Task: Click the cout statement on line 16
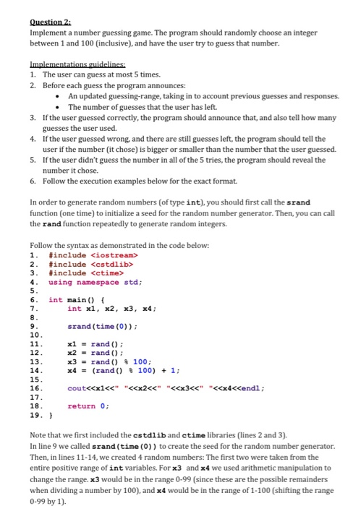pyautogui.click(x=156, y=389)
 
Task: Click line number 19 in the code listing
pyautogui.click(x=34, y=416)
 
